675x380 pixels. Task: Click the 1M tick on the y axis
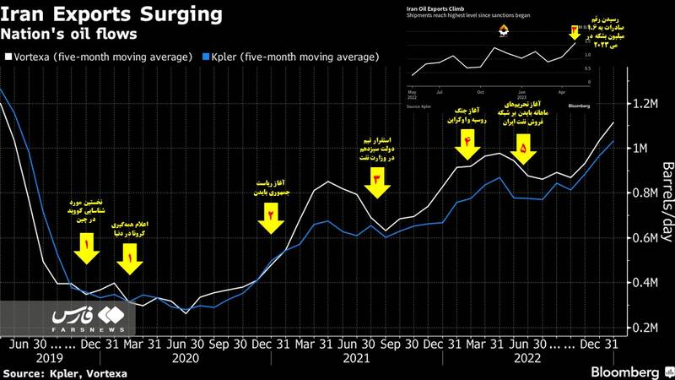click(645, 149)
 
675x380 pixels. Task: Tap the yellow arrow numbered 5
click(524, 149)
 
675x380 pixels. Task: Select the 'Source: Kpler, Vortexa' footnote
click(56, 372)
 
